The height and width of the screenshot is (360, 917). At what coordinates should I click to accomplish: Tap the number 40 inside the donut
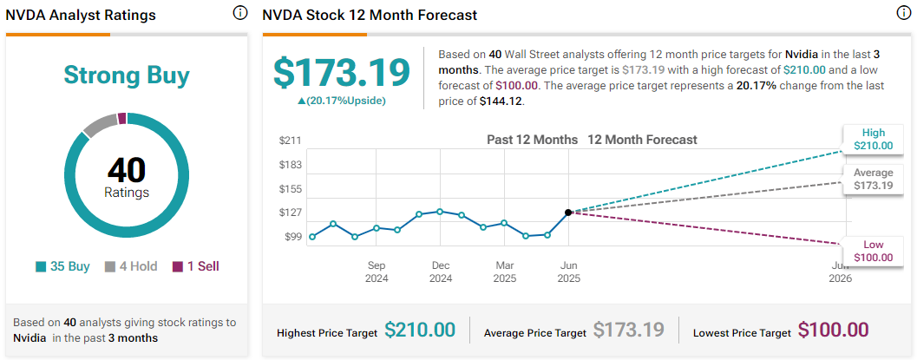click(x=127, y=169)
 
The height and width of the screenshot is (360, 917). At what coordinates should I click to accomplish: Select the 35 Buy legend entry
click(x=63, y=266)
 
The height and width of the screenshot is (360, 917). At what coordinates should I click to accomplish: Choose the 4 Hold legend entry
click(x=131, y=266)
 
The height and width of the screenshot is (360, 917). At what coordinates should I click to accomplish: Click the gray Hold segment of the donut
click(x=99, y=125)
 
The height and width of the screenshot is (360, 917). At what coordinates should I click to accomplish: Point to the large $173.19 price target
click(x=341, y=72)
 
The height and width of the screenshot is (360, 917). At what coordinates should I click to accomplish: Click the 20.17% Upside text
click(x=341, y=100)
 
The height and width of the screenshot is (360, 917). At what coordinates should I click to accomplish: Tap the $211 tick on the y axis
click(x=290, y=141)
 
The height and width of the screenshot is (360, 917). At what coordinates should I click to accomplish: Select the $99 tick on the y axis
click(x=291, y=237)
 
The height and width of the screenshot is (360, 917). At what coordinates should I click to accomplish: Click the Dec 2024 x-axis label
click(x=440, y=272)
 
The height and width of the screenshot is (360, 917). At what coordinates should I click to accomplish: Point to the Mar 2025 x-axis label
click(x=504, y=272)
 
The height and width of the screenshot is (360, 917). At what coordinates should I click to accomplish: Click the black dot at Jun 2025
click(x=568, y=212)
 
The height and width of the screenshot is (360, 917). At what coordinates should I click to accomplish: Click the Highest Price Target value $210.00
click(x=420, y=330)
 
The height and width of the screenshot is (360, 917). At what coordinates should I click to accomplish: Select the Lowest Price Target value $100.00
click(x=833, y=330)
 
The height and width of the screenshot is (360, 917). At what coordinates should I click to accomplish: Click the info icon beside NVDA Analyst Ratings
click(x=239, y=13)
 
